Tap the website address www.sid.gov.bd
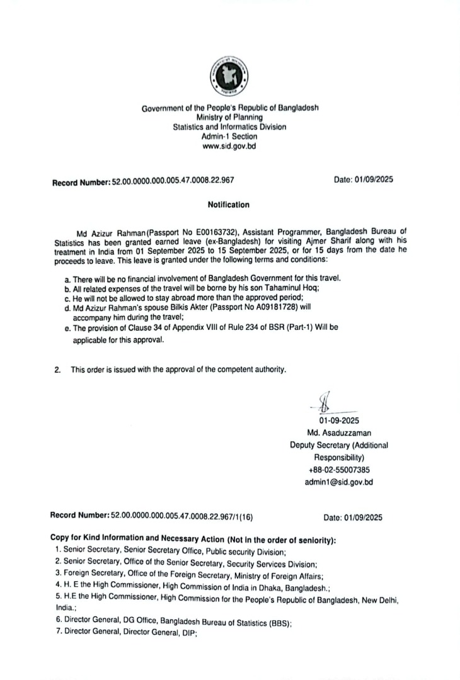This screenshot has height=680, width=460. point(229,146)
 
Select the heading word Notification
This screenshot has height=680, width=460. point(229,205)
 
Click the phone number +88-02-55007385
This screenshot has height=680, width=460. point(338,470)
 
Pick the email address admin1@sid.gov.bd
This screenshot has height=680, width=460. point(338,482)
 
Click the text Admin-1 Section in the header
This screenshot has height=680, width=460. point(229,136)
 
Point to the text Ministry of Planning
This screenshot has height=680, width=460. point(229,117)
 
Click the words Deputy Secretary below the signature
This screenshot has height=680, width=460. point(318,445)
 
